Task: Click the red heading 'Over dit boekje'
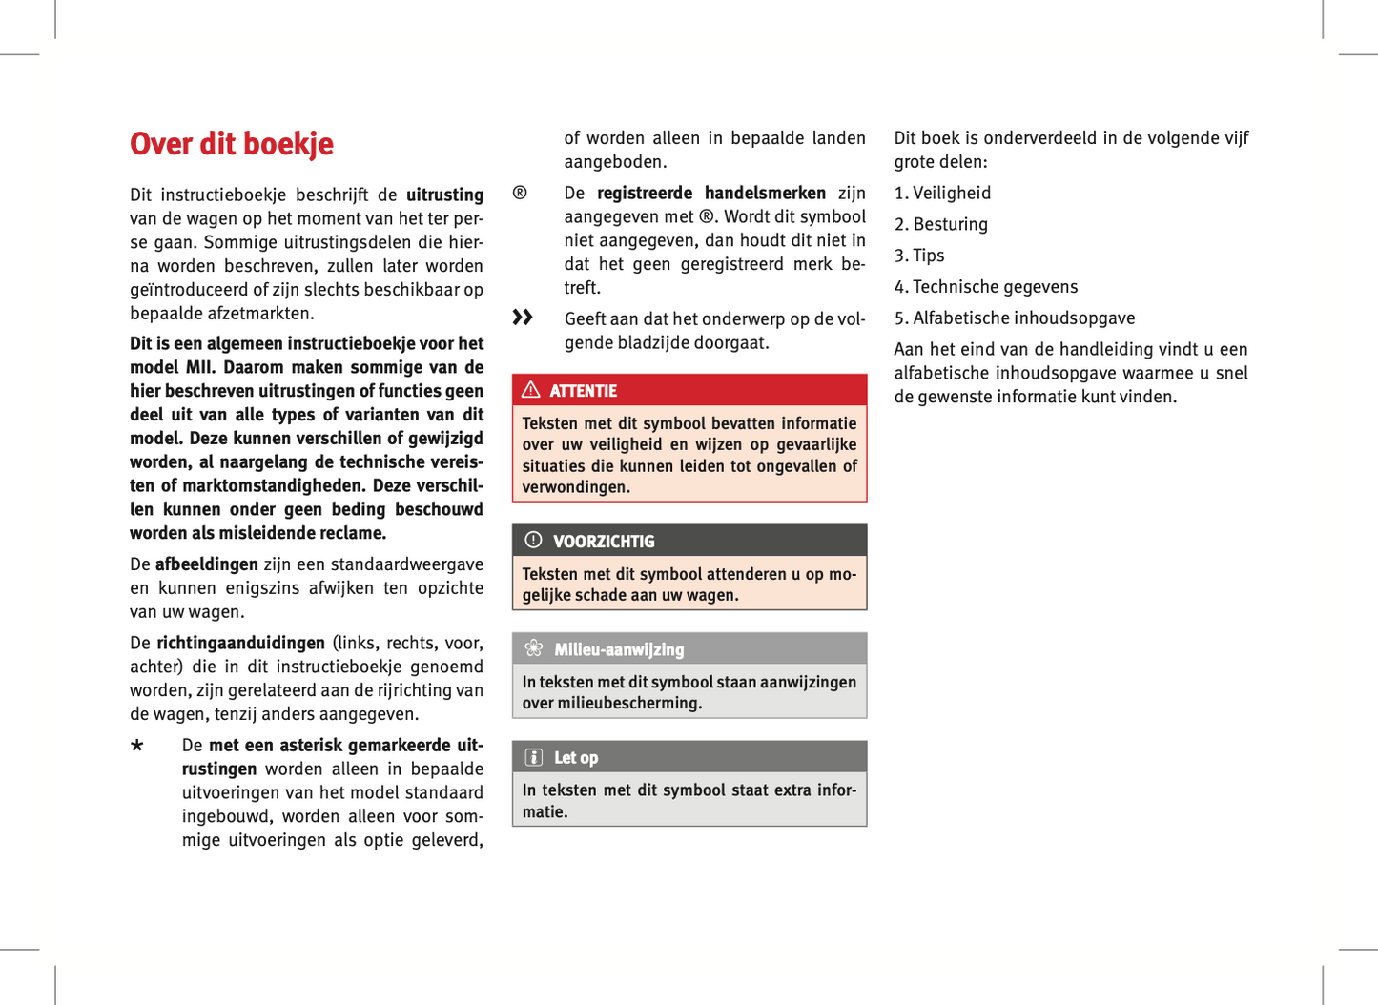pos(232,144)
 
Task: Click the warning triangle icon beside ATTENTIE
pos(531,390)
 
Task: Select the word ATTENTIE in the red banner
pos(583,391)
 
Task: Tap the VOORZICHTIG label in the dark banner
pos(604,542)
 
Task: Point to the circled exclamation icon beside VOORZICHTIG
pos(533,541)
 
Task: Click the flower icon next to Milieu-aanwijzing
pos(534,649)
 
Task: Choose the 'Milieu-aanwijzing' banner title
pos(619,649)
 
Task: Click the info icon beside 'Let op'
pos(534,757)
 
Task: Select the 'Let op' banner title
pos(576,758)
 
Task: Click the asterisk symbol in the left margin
pos(137,746)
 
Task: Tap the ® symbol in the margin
pos(520,194)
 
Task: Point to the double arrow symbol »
pos(523,318)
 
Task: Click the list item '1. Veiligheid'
pos(942,194)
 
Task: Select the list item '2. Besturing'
pos(941,225)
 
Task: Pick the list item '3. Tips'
pos(919,256)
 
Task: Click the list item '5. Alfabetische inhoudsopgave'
pos(1015,318)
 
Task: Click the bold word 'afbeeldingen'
pos(206,564)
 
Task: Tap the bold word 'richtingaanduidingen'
pos(240,643)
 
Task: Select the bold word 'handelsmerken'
pos(765,194)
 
